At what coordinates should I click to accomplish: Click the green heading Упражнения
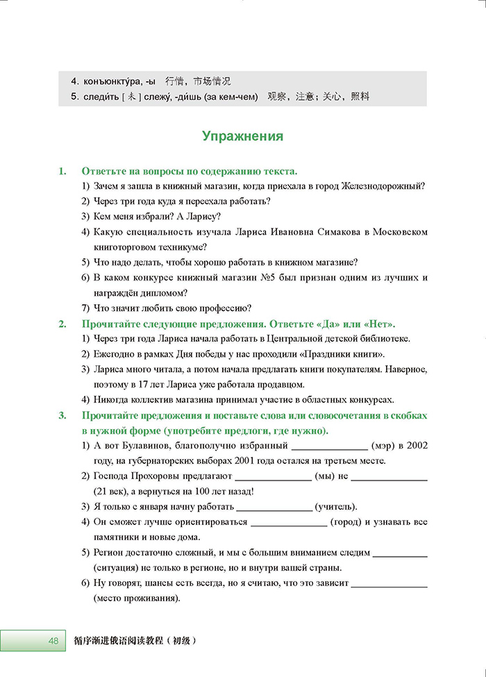coord(242,136)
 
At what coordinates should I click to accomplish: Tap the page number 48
coord(53,640)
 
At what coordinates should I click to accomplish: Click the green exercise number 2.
coord(62,324)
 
